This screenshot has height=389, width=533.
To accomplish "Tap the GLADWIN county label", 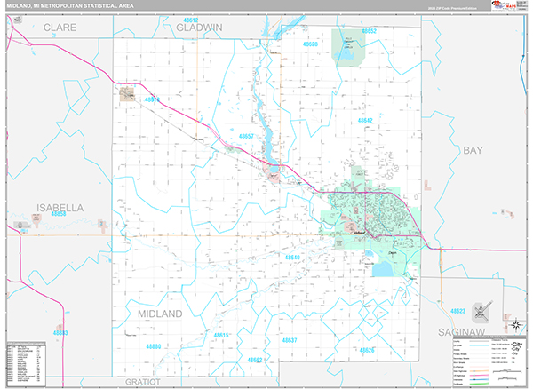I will click(x=200, y=28).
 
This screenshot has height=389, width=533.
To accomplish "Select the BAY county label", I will click(x=472, y=150).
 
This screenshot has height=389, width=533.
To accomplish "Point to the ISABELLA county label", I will click(x=60, y=207).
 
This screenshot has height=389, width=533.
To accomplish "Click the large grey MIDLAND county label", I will click(x=160, y=314).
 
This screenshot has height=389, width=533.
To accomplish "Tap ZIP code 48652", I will click(x=368, y=31).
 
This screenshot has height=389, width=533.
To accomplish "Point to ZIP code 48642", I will click(x=365, y=120).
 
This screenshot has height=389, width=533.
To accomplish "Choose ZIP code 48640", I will click(x=293, y=258).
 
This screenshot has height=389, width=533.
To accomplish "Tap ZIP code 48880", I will click(x=155, y=345).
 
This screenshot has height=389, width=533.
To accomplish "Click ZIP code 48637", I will click(x=290, y=340).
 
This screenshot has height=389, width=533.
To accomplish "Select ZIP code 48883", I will click(x=60, y=332).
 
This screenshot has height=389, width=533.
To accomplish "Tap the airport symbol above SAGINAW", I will click(x=481, y=312).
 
